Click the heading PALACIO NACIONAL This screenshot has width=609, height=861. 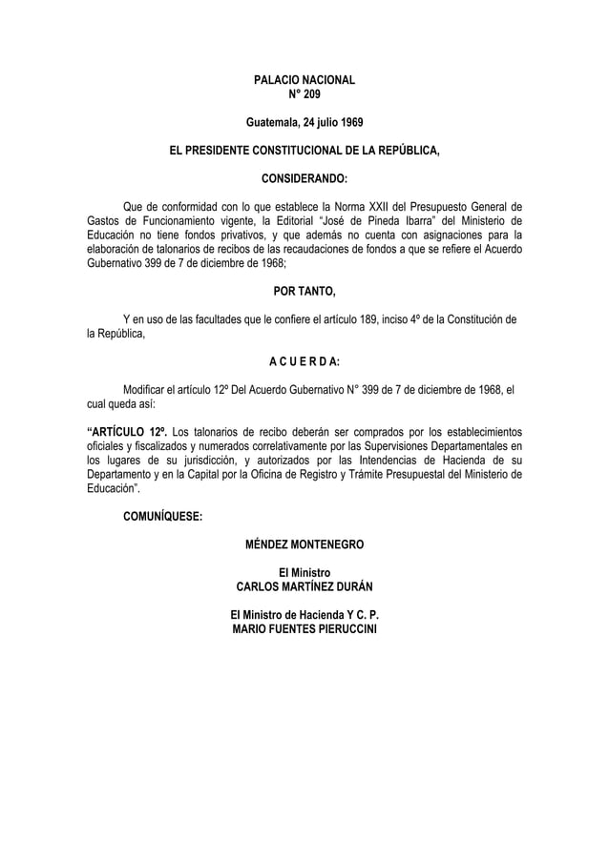point(304,82)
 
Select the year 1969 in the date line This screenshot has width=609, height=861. point(346,124)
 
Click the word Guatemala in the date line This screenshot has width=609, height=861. point(272,124)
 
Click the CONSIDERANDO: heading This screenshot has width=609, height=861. point(304,178)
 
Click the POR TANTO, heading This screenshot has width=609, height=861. point(304,291)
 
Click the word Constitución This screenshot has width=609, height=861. point(470,318)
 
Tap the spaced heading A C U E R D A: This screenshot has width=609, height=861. point(304,361)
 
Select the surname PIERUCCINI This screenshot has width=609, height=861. point(337,629)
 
